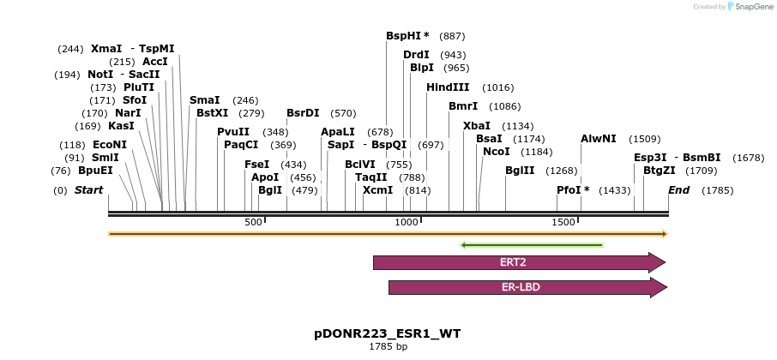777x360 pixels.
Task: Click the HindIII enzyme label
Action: click(x=448, y=87)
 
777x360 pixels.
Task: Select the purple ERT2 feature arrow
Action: click(x=518, y=262)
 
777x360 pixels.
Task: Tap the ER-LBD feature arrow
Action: click(x=526, y=287)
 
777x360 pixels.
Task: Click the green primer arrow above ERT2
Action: click(x=532, y=245)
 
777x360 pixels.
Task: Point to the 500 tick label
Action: click(x=253, y=223)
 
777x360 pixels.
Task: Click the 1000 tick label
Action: click(x=406, y=223)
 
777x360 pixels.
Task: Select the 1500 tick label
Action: click(x=563, y=223)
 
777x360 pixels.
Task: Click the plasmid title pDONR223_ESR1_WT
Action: click(x=388, y=333)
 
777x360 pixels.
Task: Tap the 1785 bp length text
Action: click(x=388, y=347)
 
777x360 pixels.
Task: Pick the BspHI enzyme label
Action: click(x=407, y=36)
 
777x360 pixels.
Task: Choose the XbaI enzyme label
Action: click(x=477, y=126)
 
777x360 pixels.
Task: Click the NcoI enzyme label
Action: click(x=496, y=152)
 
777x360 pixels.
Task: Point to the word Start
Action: click(x=88, y=189)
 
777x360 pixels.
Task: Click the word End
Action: click(x=678, y=189)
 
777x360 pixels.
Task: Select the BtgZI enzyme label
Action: click(x=660, y=171)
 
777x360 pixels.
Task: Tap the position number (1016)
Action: click(x=498, y=87)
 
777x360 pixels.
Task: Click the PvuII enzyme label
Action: click(x=233, y=132)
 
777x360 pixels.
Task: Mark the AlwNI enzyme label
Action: click(x=598, y=139)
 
